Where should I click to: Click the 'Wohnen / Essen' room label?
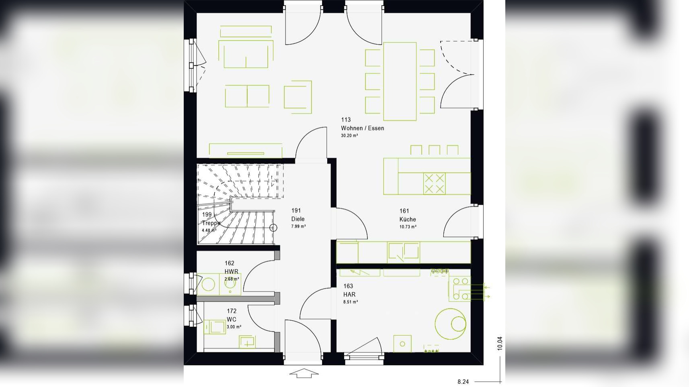(362, 128)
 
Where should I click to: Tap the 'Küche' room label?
(407, 219)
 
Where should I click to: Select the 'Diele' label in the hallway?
(297, 219)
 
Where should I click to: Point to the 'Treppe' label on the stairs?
(211, 223)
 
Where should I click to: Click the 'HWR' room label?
(231, 271)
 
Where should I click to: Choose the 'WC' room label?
(231, 320)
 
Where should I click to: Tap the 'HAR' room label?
(349, 294)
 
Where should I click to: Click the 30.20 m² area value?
(349, 136)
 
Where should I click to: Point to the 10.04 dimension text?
(500, 343)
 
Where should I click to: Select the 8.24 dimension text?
(463, 382)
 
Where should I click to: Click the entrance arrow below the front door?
(304, 373)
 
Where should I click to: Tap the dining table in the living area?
(400, 81)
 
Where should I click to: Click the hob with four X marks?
(434, 183)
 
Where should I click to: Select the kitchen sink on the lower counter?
(403, 252)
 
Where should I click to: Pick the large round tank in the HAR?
(450, 324)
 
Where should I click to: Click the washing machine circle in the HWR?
(208, 284)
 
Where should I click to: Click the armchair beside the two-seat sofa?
(298, 97)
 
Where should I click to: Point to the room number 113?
(346, 120)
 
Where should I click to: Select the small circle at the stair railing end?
(273, 228)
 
